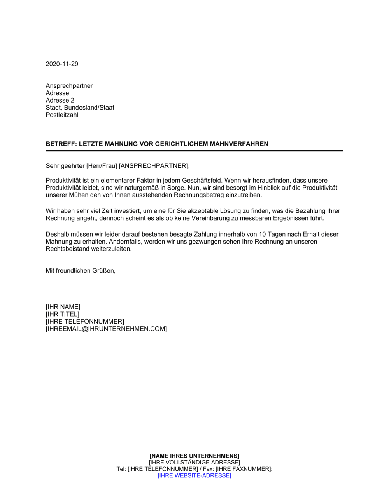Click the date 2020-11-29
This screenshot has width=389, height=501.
(62, 64)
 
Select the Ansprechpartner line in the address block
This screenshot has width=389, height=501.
(69, 86)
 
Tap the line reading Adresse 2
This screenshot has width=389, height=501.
(60, 100)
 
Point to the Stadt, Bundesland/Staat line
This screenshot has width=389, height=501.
(80, 108)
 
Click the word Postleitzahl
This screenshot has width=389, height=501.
(62, 115)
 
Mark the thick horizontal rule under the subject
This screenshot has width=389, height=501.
(194, 151)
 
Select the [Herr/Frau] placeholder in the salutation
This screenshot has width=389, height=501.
(102, 166)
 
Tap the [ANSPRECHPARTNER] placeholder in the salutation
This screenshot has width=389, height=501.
(154, 166)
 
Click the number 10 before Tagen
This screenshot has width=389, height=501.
(262, 235)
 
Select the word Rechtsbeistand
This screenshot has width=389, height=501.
(68, 249)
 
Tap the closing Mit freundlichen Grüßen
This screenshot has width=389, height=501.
(81, 271)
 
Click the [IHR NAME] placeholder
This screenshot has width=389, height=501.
(63, 307)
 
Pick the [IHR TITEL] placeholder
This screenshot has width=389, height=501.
(62, 314)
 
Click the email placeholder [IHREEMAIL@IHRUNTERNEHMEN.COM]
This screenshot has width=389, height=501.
(106, 329)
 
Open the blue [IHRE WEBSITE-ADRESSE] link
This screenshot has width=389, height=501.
(194, 476)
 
